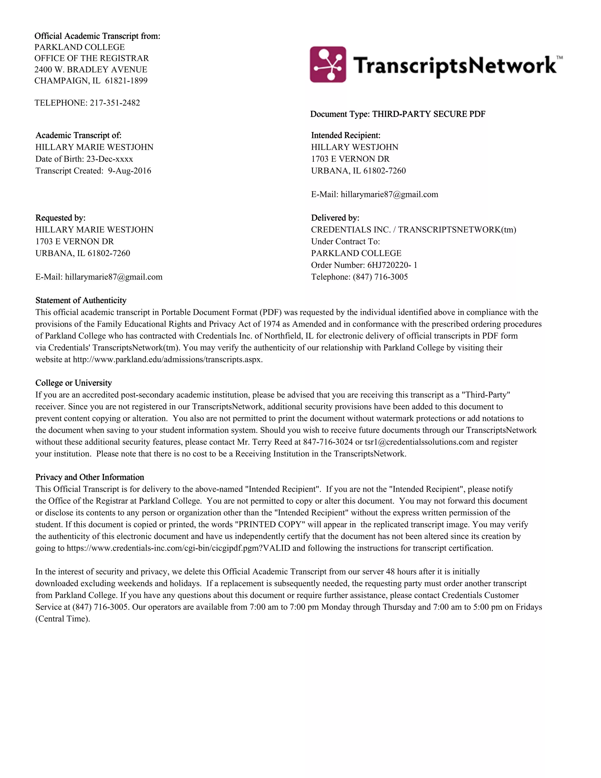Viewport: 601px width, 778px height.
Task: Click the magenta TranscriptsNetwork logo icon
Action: tap(327, 65)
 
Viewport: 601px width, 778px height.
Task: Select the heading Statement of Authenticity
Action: tap(81, 300)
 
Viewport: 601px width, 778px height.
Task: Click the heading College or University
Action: tap(73, 383)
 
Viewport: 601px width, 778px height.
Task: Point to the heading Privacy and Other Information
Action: tap(90, 477)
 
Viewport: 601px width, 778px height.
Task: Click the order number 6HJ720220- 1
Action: tap(392, 265)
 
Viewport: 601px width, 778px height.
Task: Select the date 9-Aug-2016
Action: tap(130, 171)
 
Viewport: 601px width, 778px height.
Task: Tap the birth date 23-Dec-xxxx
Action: tap(110, 159)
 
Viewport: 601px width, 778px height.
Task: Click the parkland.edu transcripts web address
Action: tap(167, 359)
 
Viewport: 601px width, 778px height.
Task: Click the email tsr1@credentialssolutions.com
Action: tap(419, 442)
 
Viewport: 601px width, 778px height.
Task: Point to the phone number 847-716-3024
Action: tap(327, 442)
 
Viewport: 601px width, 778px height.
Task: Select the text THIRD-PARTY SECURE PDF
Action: tap(429, 114)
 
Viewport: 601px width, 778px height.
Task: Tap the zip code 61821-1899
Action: tap(126, 81)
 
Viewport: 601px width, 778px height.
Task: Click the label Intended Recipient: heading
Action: tap(345, 135)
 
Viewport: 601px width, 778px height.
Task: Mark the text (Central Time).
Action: tap(63, 619)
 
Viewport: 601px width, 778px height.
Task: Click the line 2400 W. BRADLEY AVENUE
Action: tap(91, 70)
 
